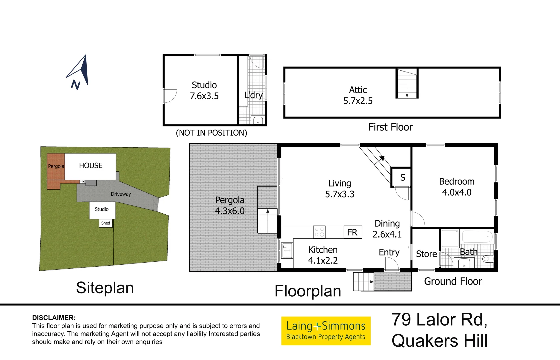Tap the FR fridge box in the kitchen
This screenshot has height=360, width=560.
point(353,232)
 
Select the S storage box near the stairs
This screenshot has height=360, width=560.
point(401,177)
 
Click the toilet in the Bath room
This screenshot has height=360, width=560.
point(488,259)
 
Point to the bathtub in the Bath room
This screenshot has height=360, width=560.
point(477,237)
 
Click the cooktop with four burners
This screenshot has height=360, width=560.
point(319,232)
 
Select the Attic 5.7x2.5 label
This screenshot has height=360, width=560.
point(358,95)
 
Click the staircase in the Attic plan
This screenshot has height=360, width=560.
point(407,83)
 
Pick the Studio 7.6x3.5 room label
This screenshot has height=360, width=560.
point(204,91)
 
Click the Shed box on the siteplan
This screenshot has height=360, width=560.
point(105,223)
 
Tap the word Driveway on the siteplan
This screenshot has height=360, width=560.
point(121,194)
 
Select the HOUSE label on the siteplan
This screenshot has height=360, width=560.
point(91,165)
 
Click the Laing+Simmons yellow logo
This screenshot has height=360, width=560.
point(326,331)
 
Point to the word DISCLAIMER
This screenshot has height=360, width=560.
point(54,318)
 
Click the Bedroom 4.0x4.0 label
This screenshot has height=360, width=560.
point(457,187)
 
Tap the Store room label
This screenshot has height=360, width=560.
point(426,254)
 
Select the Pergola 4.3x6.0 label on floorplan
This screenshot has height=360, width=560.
point(230,205)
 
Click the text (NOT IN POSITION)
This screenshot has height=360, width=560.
point(211,133)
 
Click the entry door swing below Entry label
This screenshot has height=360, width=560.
point(392,264)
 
